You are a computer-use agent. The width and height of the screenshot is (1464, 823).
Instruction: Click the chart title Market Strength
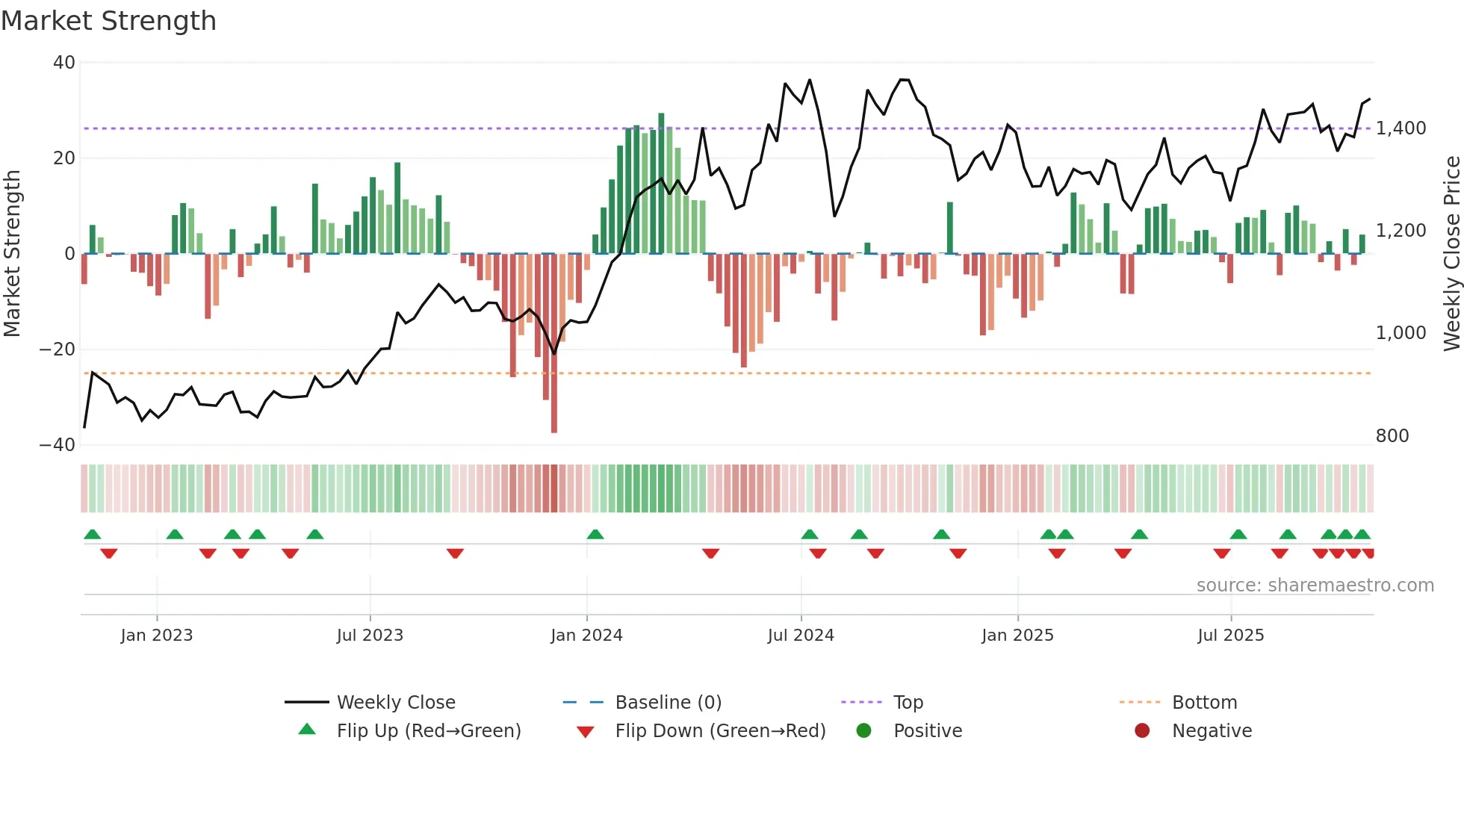point(108,21)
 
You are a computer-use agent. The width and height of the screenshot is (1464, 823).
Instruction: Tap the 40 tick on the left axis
point(64,63)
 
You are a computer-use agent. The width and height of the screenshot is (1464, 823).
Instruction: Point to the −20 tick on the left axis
point(58,350)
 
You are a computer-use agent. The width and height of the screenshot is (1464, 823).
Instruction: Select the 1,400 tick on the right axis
point(1401,128)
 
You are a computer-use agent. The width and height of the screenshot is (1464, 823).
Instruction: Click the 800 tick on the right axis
point(1392,436)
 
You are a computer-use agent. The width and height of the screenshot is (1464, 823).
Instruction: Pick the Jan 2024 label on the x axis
point(586,636)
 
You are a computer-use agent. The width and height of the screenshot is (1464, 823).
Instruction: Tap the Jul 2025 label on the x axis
point(1230,636)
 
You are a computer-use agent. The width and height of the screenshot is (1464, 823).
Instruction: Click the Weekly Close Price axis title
point(1451,254)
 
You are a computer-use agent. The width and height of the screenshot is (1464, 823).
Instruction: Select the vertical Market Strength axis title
point(12,254)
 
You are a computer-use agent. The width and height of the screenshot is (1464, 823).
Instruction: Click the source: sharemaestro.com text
point(1315,586)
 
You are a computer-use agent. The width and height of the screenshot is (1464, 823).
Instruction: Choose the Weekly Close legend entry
point(395,703)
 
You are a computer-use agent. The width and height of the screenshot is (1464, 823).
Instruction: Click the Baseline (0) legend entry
point(668,703)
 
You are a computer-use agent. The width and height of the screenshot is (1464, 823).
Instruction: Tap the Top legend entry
point(908,703)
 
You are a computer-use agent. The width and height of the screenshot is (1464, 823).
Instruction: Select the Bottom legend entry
point(1204,703)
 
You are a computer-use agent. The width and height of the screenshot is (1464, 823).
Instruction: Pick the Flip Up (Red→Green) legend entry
point(428,731)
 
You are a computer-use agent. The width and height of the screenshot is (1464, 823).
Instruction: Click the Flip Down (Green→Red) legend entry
point(720,731)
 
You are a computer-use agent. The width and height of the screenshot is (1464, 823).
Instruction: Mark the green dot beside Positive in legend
point(864,731)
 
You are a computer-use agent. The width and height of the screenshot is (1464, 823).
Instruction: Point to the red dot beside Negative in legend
point(1142,731)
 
